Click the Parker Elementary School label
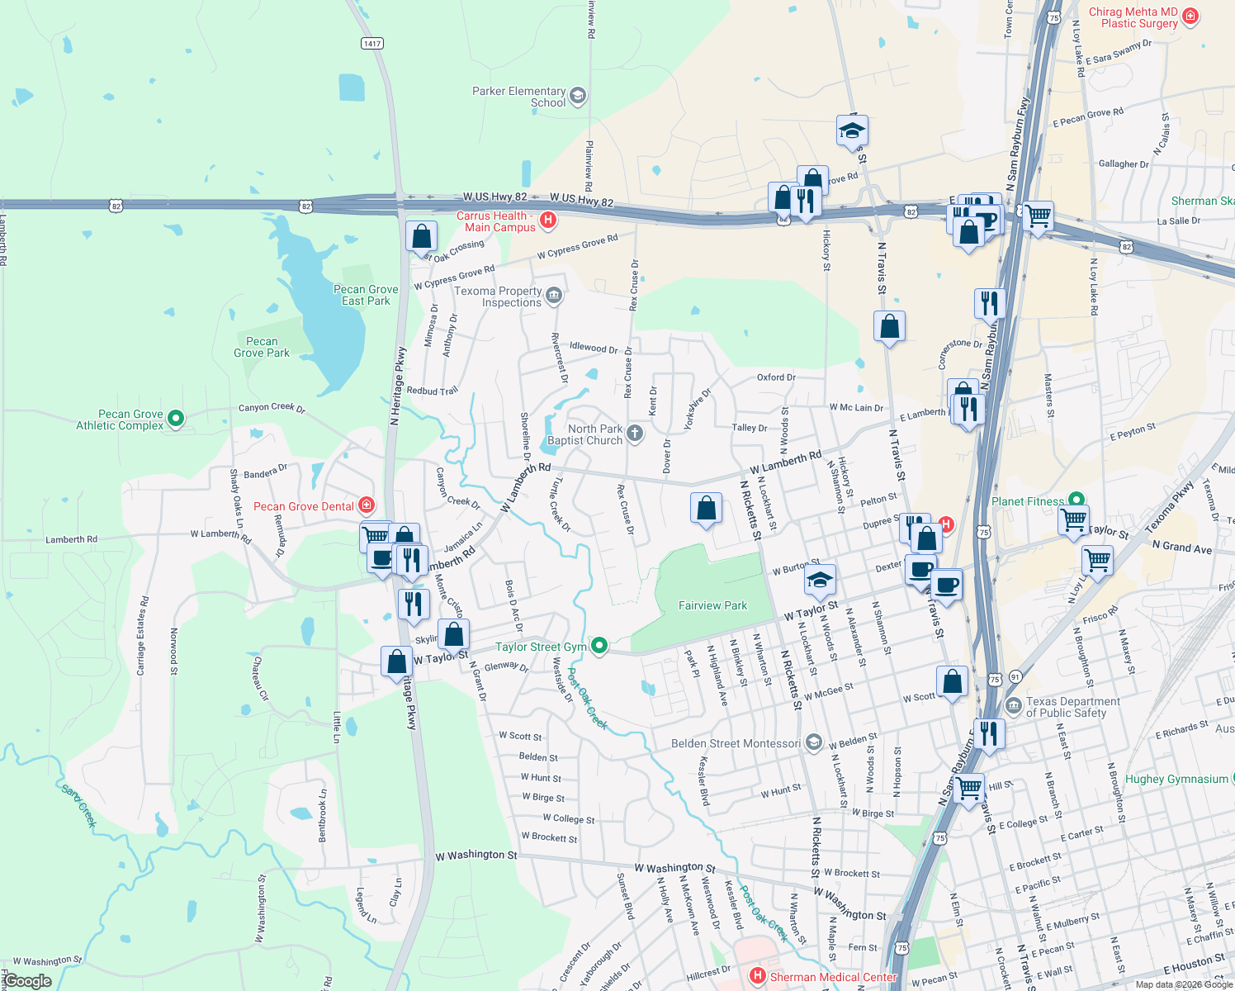tap(518, 97)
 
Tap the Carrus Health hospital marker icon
tap(547, 220)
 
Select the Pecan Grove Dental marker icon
tap(367, 505)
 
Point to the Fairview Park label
tap(712, 605)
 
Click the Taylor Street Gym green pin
tap(600, 647)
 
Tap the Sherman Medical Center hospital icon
tap(757, 976)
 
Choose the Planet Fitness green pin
tap(1076, 500)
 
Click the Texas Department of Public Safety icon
tap(1014, 707)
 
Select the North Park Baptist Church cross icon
tap(634, 433)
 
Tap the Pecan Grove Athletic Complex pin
tap(175, 419)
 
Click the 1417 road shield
tap(372, 43)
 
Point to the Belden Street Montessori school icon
tap(813, 742)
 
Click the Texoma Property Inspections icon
tap(554, 295)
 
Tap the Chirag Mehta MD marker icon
tap(1190, 16)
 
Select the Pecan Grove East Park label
tap(366, 295)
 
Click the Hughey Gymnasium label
tap(1176, 779)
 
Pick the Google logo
tap(27, 980)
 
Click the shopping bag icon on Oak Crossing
tap(421, 236)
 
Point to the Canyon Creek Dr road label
tap(272, 407)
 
